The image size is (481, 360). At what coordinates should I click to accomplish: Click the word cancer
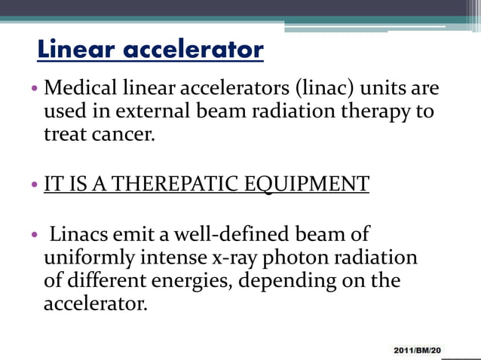tap(112, 137)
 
